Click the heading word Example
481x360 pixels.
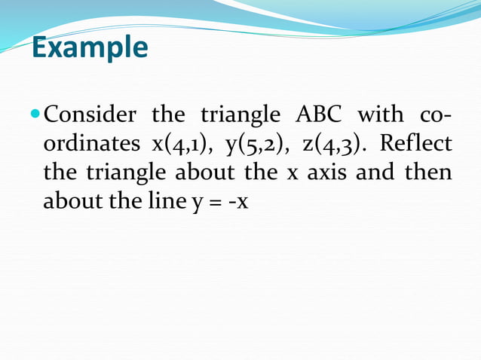(90, 48)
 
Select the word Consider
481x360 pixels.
(90, 116)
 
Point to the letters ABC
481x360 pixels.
(311, 116)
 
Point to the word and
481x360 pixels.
(375, 173)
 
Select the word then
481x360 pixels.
(428, 173)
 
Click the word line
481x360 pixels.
(166, 202)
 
